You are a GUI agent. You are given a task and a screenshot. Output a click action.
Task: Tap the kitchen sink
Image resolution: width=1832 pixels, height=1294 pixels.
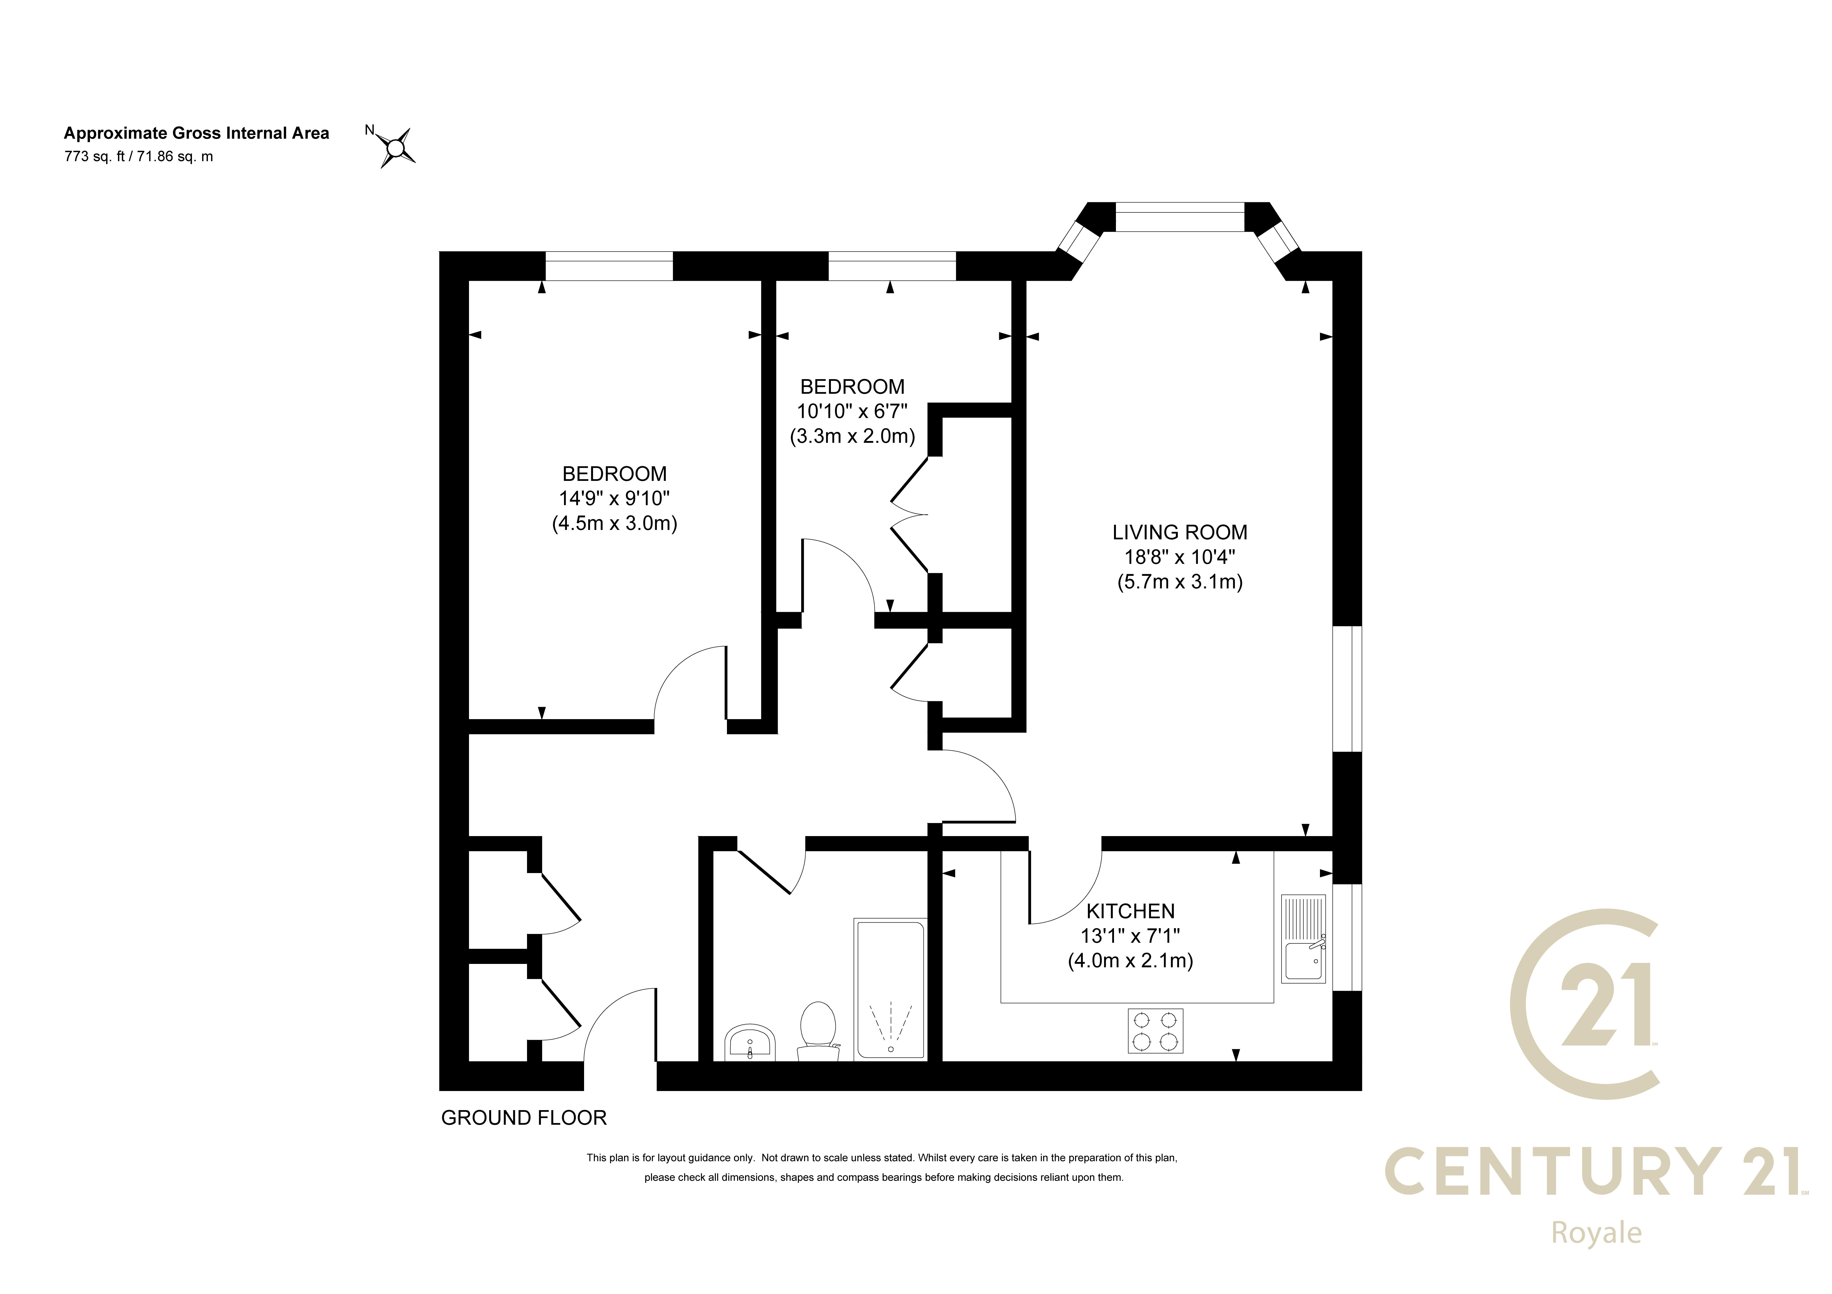point(1303,937)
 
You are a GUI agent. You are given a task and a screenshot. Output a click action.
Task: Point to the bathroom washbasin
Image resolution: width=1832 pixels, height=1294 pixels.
point(750,1043)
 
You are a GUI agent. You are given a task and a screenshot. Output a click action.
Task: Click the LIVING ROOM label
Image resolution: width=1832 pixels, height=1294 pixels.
point(1180,532)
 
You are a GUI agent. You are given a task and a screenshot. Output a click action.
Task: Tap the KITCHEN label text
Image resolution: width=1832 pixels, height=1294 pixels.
point(1131,911)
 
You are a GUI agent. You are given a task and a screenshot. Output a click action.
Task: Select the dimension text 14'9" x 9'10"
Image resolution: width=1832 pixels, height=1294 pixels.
point(614,499)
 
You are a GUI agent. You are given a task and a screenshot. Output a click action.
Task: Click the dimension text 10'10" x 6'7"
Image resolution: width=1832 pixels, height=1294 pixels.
point(852,412)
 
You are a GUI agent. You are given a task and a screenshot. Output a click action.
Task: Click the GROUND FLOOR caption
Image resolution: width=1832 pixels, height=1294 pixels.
point(524,1118)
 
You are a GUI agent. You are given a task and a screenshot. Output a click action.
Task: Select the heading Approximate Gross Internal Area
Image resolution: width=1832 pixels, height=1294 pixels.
point(196,133)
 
